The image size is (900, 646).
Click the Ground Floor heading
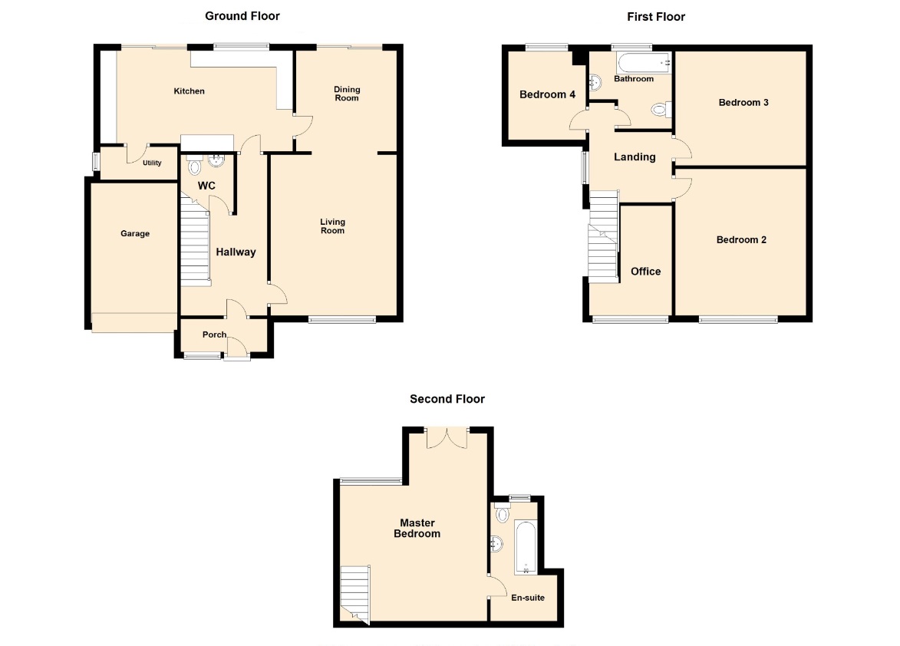(242, 16)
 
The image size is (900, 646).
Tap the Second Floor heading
(447, 399)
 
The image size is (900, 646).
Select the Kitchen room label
(189, 91)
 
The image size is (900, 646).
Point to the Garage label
(135, 233)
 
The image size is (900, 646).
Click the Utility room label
(152, 163)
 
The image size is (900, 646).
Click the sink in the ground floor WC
(216, 160)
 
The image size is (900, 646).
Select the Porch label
(214, 335)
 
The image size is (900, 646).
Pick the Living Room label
(332, 226)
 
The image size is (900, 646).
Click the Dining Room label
(347, 94)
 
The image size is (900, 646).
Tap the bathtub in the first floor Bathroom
(644, 62)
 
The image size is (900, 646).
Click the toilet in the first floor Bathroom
(662, 109)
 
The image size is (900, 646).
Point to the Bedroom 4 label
(547, 94)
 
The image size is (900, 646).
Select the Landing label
(635, 157)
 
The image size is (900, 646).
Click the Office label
(646, 272)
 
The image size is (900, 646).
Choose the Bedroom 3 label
(743, 103)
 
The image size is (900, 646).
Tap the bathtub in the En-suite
(525, 547)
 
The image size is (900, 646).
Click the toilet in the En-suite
(503, 513)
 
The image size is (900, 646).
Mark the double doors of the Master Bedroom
(447, 439)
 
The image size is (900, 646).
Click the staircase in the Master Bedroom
(354, 595)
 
